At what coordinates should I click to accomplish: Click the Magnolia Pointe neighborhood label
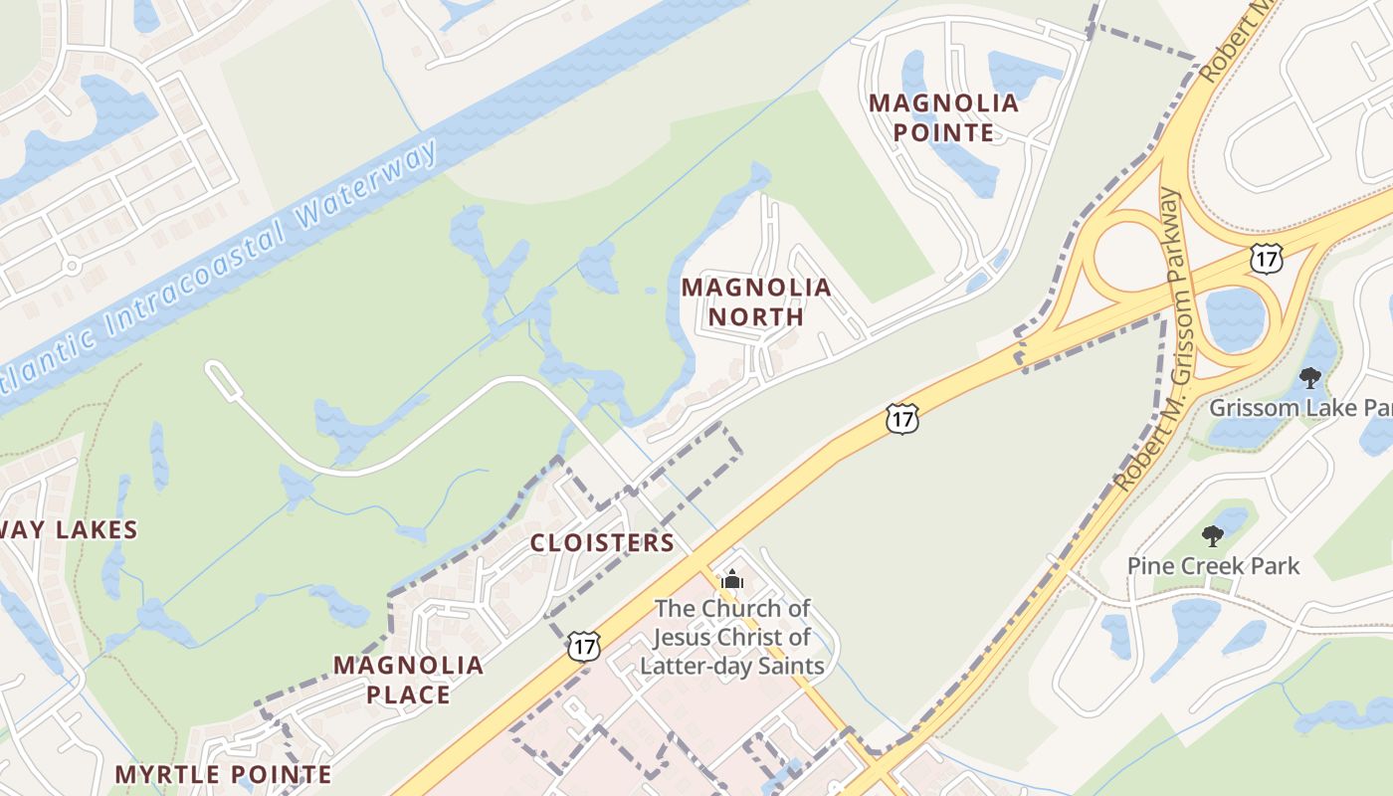[x=943, y=117]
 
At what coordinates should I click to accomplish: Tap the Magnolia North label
[x=755, y=302]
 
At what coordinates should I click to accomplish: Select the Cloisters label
[x=602, y=542]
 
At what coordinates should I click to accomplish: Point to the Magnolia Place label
[x=408, y=680]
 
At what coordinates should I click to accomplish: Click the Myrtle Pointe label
[x=223, y=774]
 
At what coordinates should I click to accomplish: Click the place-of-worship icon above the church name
[x=732, y=579]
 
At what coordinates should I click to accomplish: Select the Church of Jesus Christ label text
[x=732, y=637]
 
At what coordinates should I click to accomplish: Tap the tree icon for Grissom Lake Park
[x=1310, y=378]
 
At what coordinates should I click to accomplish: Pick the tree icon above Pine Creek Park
[x=1212, y=536]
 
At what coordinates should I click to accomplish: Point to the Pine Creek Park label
[x=1213, y=566]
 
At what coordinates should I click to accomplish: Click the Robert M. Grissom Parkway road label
[x=1157, y=338]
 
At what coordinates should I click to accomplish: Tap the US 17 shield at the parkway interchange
[x=1267, y=258]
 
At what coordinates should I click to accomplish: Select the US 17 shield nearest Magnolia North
[x=901, y=419]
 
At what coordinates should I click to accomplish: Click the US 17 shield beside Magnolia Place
[x=584, y=646]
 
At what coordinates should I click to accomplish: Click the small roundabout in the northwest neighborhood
[x=71, y=266]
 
